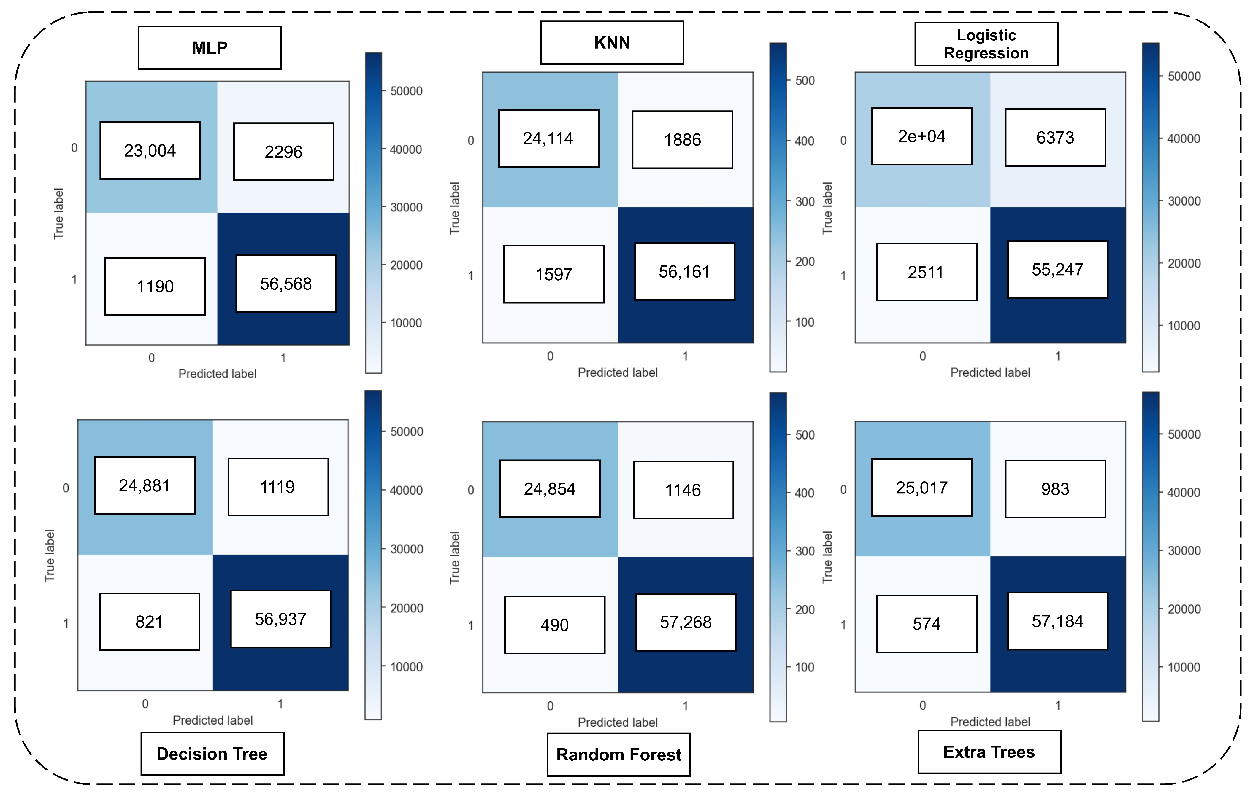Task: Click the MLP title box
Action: (210, 47)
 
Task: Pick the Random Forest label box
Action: (618, 754)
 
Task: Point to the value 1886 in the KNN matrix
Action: (682, 140)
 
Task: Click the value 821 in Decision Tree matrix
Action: (149, 622)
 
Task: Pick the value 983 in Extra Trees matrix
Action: (1055, 489)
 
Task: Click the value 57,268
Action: (685, 622)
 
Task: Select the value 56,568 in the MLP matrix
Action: (286, 284)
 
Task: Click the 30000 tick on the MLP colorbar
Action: (406, 207)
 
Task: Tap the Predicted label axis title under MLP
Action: (217, 374)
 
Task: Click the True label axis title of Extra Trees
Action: (827, 557)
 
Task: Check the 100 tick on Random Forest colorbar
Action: (804, 667)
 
